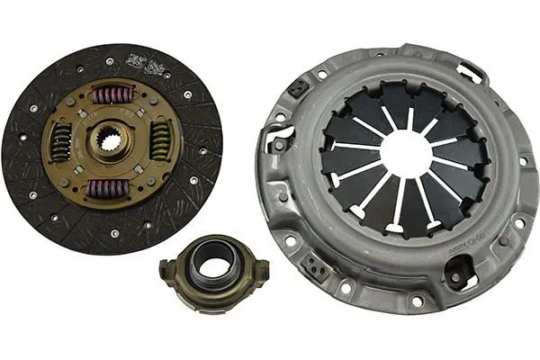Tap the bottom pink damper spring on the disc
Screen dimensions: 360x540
tap(110, 188)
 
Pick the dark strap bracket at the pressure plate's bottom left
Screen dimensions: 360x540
tap(314, 267)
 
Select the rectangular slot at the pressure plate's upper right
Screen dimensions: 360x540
tap(470, 69)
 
